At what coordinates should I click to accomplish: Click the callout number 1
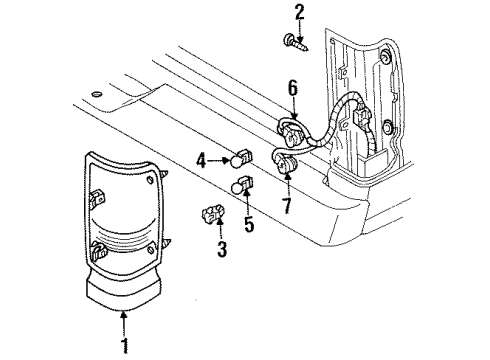coord(125,347)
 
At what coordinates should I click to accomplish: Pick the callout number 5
coord(250,225)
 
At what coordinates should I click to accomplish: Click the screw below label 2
coord(297,43)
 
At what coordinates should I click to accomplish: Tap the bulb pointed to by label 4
coord(241,158)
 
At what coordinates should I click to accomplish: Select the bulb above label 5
coord(243,187)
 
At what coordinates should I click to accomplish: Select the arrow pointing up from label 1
coord(125,328)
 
